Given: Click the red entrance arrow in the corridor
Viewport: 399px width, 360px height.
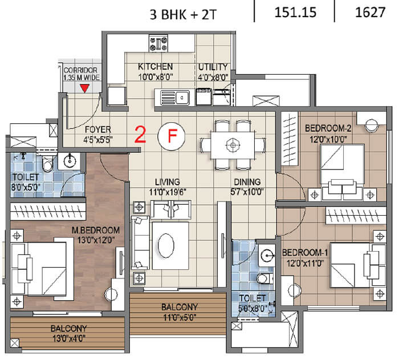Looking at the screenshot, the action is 84,88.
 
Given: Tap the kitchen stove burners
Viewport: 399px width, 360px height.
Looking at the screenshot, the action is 158,43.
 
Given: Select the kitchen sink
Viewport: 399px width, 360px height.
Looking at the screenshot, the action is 175,98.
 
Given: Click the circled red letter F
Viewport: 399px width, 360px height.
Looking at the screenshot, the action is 172,136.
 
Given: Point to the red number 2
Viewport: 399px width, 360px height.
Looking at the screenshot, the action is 140,135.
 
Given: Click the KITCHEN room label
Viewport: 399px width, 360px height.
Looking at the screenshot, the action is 155,67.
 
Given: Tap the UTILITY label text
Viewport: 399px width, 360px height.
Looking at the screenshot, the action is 213,67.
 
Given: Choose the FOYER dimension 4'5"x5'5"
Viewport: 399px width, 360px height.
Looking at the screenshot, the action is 98,140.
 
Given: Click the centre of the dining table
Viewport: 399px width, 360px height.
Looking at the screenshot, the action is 233,145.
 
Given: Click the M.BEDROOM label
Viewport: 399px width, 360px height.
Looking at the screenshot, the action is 96,230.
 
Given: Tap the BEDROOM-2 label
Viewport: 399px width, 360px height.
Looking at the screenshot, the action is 328,128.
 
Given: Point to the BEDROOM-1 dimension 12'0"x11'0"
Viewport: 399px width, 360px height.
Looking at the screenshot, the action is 306,263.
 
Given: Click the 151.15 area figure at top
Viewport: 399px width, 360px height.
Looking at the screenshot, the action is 295,12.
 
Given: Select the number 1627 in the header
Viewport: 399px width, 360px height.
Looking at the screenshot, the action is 370,12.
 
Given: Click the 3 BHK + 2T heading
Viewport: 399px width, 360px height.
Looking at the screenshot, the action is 183,14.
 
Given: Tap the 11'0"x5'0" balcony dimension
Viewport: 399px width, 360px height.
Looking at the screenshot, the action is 180,317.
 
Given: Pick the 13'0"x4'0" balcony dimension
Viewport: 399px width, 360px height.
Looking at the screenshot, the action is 69,338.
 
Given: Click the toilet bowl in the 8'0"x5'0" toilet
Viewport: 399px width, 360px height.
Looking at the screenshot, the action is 47,164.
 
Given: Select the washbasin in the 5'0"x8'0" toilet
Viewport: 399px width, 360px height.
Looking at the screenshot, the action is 267,255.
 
